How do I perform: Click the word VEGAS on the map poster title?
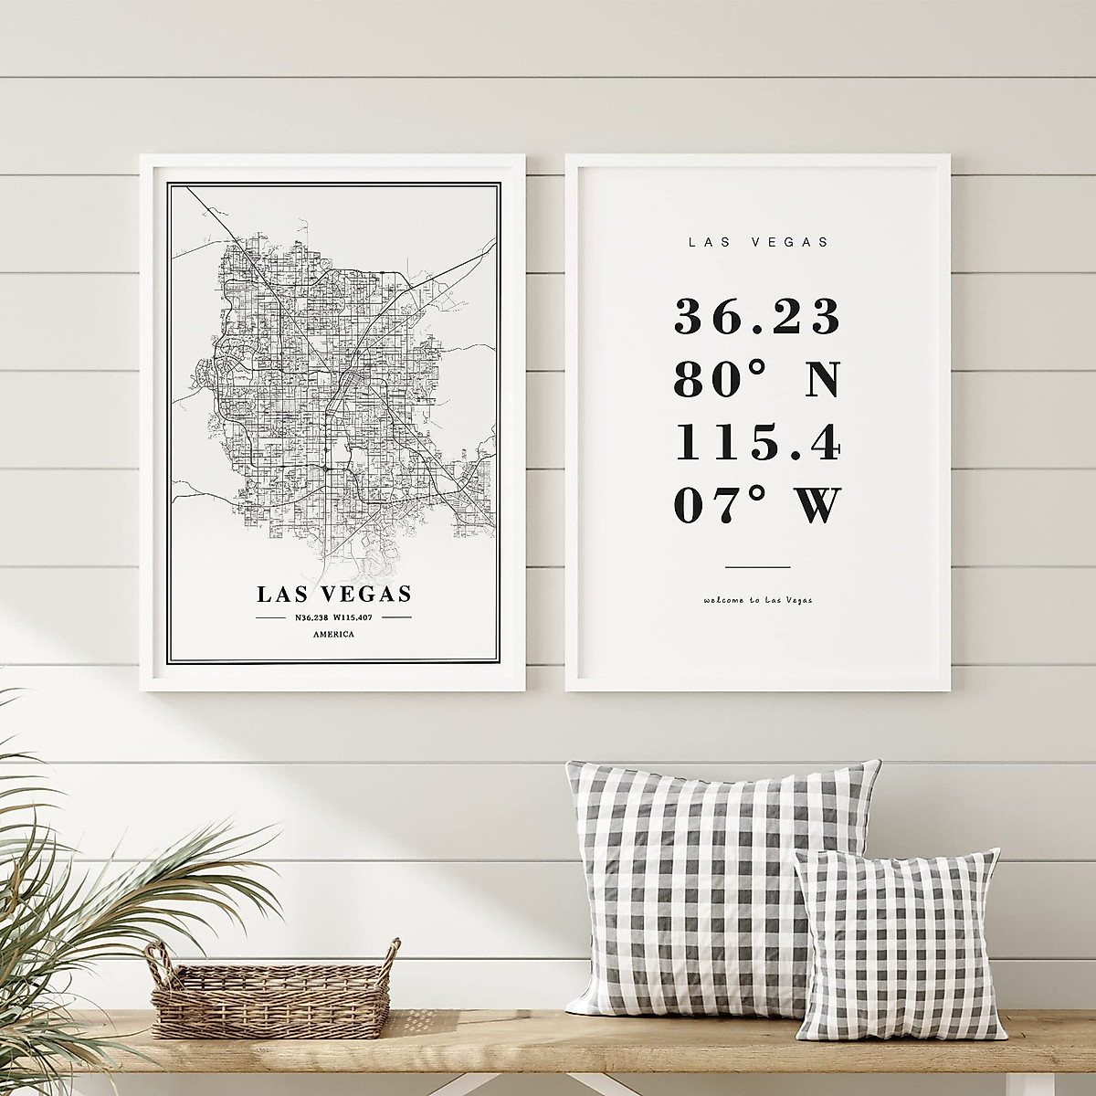[x=364, y=595]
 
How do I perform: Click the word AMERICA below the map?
[x=333, y=635]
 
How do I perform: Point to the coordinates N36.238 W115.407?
[x=333, y=618]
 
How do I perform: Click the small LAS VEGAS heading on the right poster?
[x=757, y=243]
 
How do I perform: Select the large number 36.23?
[x=756, y=317]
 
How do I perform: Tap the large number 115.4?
[x=756, y=443]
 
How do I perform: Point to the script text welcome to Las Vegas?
[x=757, y=600]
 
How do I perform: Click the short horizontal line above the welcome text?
[x=757, y=566]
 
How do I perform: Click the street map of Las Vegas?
[x=333, y=393]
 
